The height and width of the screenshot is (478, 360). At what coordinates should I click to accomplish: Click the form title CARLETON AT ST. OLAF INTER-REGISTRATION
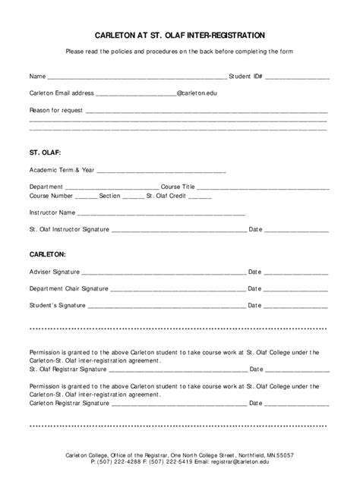pyautogui.click(x=180, y=35)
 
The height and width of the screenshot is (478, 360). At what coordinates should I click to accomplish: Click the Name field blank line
pyautogui.click(x=136, y=78)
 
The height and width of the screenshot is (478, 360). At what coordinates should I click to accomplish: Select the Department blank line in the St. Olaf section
pyautogui.click(x=112, y=187)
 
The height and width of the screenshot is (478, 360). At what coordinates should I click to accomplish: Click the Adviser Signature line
pyautogui.click(x=163, y=272)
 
